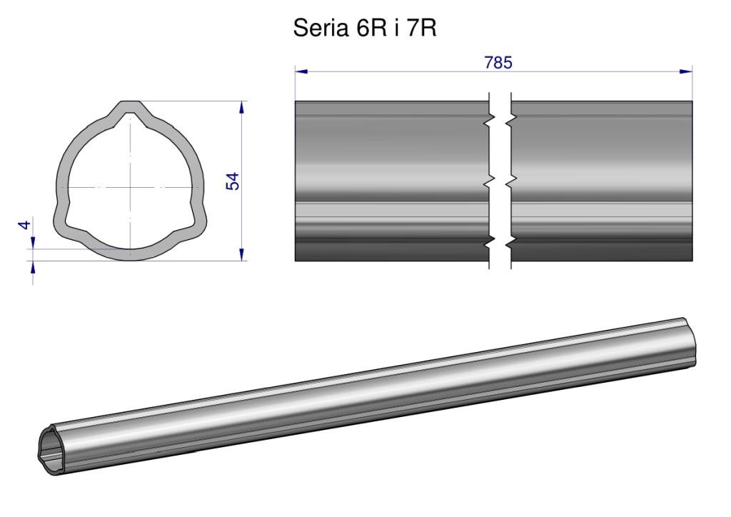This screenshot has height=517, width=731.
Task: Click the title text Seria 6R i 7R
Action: point(365,29)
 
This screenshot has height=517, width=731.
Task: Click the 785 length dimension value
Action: point(498,62)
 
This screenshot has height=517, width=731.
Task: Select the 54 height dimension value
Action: point(232,181)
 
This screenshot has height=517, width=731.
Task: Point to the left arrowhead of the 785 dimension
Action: point(301,71)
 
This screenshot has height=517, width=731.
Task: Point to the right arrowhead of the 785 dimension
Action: point(686,71)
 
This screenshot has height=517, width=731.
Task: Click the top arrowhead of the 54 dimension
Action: point(241,107)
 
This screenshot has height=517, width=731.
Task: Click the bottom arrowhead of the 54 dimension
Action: point(241,254)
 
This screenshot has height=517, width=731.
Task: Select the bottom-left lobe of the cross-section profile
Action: point(68,219)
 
